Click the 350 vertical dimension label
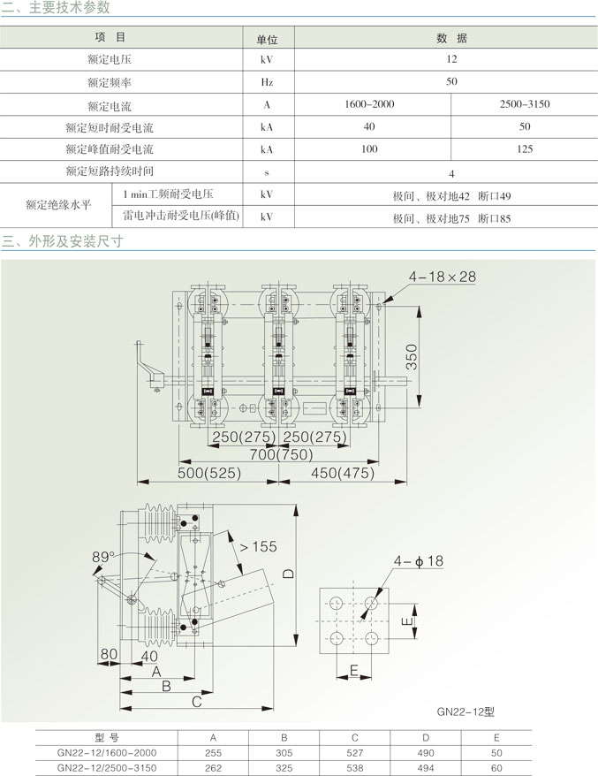tap(412, 357)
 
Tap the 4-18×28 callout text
tap(443, 277)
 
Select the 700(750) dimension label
tap(281, 454)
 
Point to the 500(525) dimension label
tap(209, 473)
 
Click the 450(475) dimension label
tap(342, 473)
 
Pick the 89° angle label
tap(102, 557)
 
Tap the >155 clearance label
tap(258, 546)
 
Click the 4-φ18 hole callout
tap(419, 560)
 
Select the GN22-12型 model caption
tap(466, 711)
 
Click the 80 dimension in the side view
tap(109, 654)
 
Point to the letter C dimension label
tap(197, 702)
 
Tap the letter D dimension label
tap(288, 574)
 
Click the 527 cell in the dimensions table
tap(354, 753)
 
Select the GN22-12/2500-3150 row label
tap(107, 768)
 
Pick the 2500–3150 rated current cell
tap(525, 104)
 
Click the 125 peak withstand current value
tap(525, 149)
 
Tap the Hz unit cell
tap(267, 82)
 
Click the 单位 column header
tap(267, 40)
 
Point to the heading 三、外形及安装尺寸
tap(63, 241)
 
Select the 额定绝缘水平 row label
tap(58, 204)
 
